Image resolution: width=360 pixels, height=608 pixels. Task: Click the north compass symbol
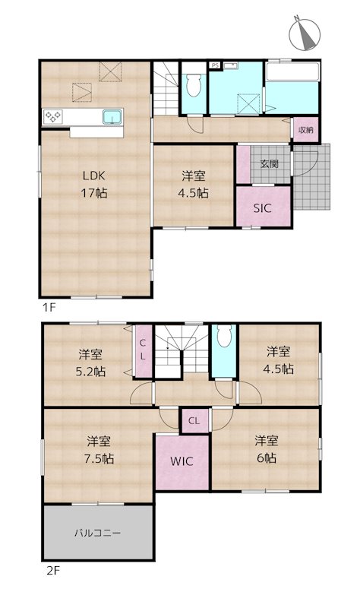tap(306, 34)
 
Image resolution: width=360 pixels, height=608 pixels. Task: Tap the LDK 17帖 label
tap(94, 185)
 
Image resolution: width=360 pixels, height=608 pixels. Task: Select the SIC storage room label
tap(262, 207)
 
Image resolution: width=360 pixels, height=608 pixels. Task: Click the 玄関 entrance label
tap(269, 163)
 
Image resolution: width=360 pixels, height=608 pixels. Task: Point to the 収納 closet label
tap(305, 130)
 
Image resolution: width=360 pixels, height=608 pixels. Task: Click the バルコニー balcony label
tap(97, 533)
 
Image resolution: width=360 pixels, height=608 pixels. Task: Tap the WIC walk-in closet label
tap(182, 461)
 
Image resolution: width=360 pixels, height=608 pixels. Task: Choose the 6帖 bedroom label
tap(265, 450)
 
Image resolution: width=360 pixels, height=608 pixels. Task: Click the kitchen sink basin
tap(112, 117)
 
